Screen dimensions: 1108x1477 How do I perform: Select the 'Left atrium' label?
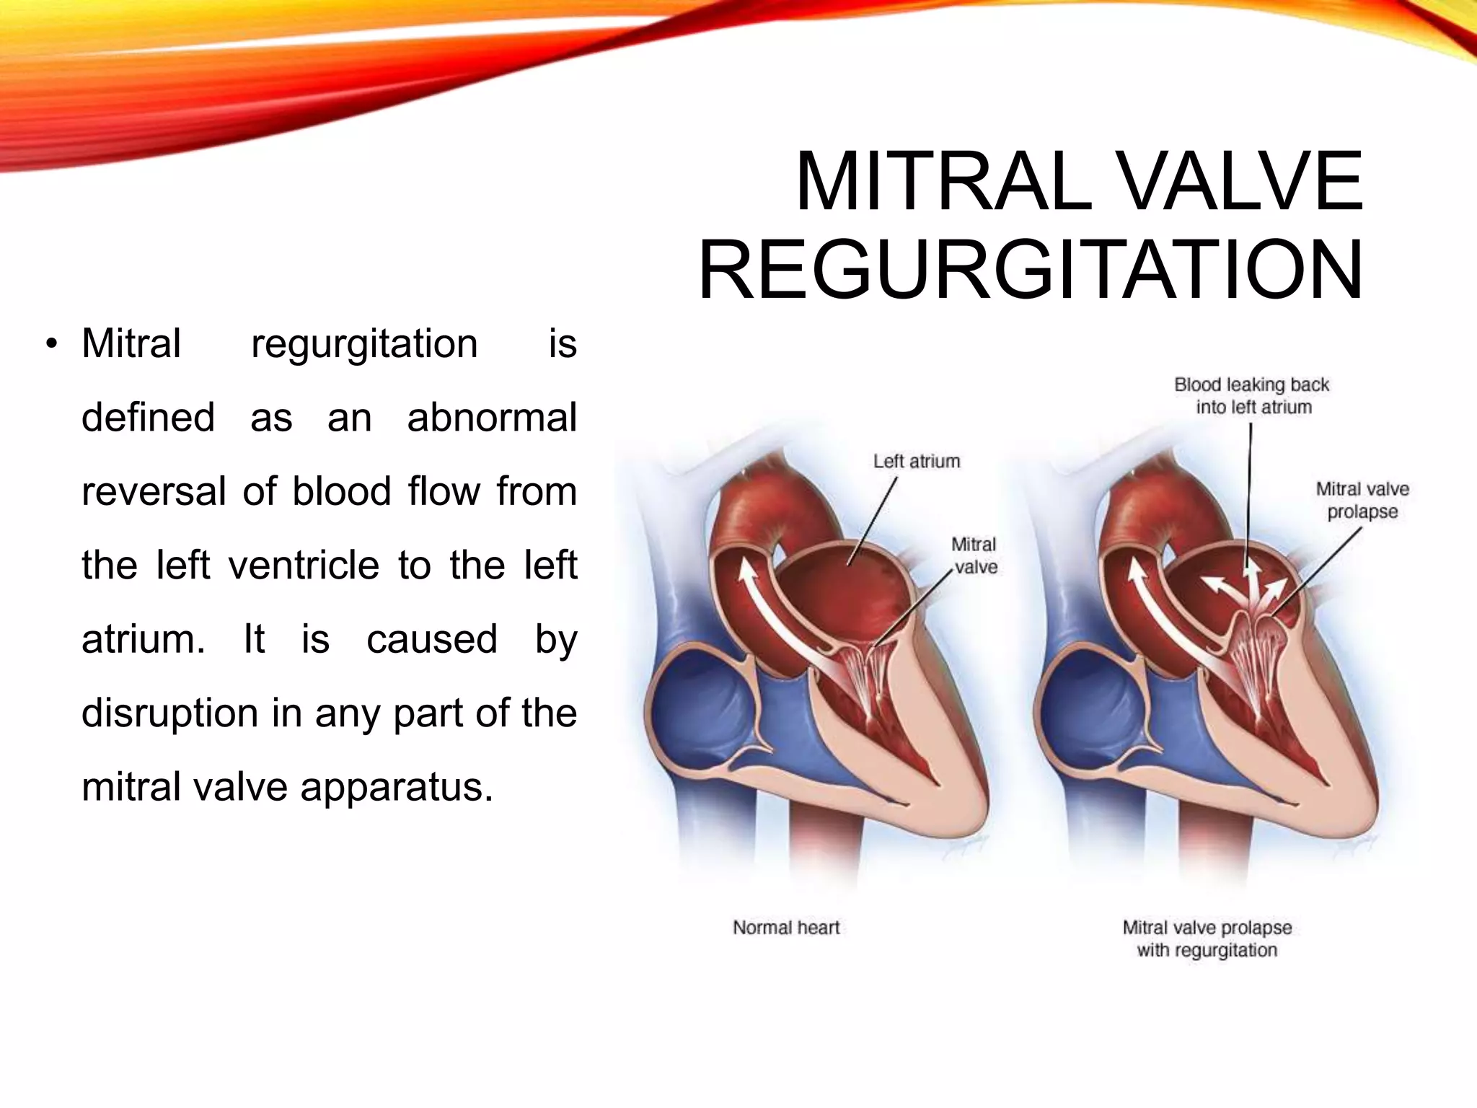click(x=917, y=461)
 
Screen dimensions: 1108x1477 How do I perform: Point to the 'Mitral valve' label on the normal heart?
click(x=974, y=555)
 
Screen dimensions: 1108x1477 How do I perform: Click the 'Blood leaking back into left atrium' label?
click(x=1252, y=395)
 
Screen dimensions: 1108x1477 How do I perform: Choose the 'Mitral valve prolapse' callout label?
click(x=1362, y=500)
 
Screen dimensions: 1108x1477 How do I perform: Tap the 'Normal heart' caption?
click(x=786, y=927)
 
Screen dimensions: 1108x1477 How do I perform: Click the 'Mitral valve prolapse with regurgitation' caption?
click(x=1207, y=938)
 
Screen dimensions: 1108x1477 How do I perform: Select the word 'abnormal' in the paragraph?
click(x=492, y=418)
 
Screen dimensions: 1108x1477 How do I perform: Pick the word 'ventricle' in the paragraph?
click(x=304, y=565)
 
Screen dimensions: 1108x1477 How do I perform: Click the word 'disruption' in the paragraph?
click(x=169, y=713)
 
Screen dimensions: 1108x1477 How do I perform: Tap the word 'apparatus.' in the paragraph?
click(x=397, y=787)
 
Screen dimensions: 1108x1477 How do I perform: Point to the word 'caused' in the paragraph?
click(x=432, y=639)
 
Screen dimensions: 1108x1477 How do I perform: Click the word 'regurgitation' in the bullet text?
click(x=364, y=343)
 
